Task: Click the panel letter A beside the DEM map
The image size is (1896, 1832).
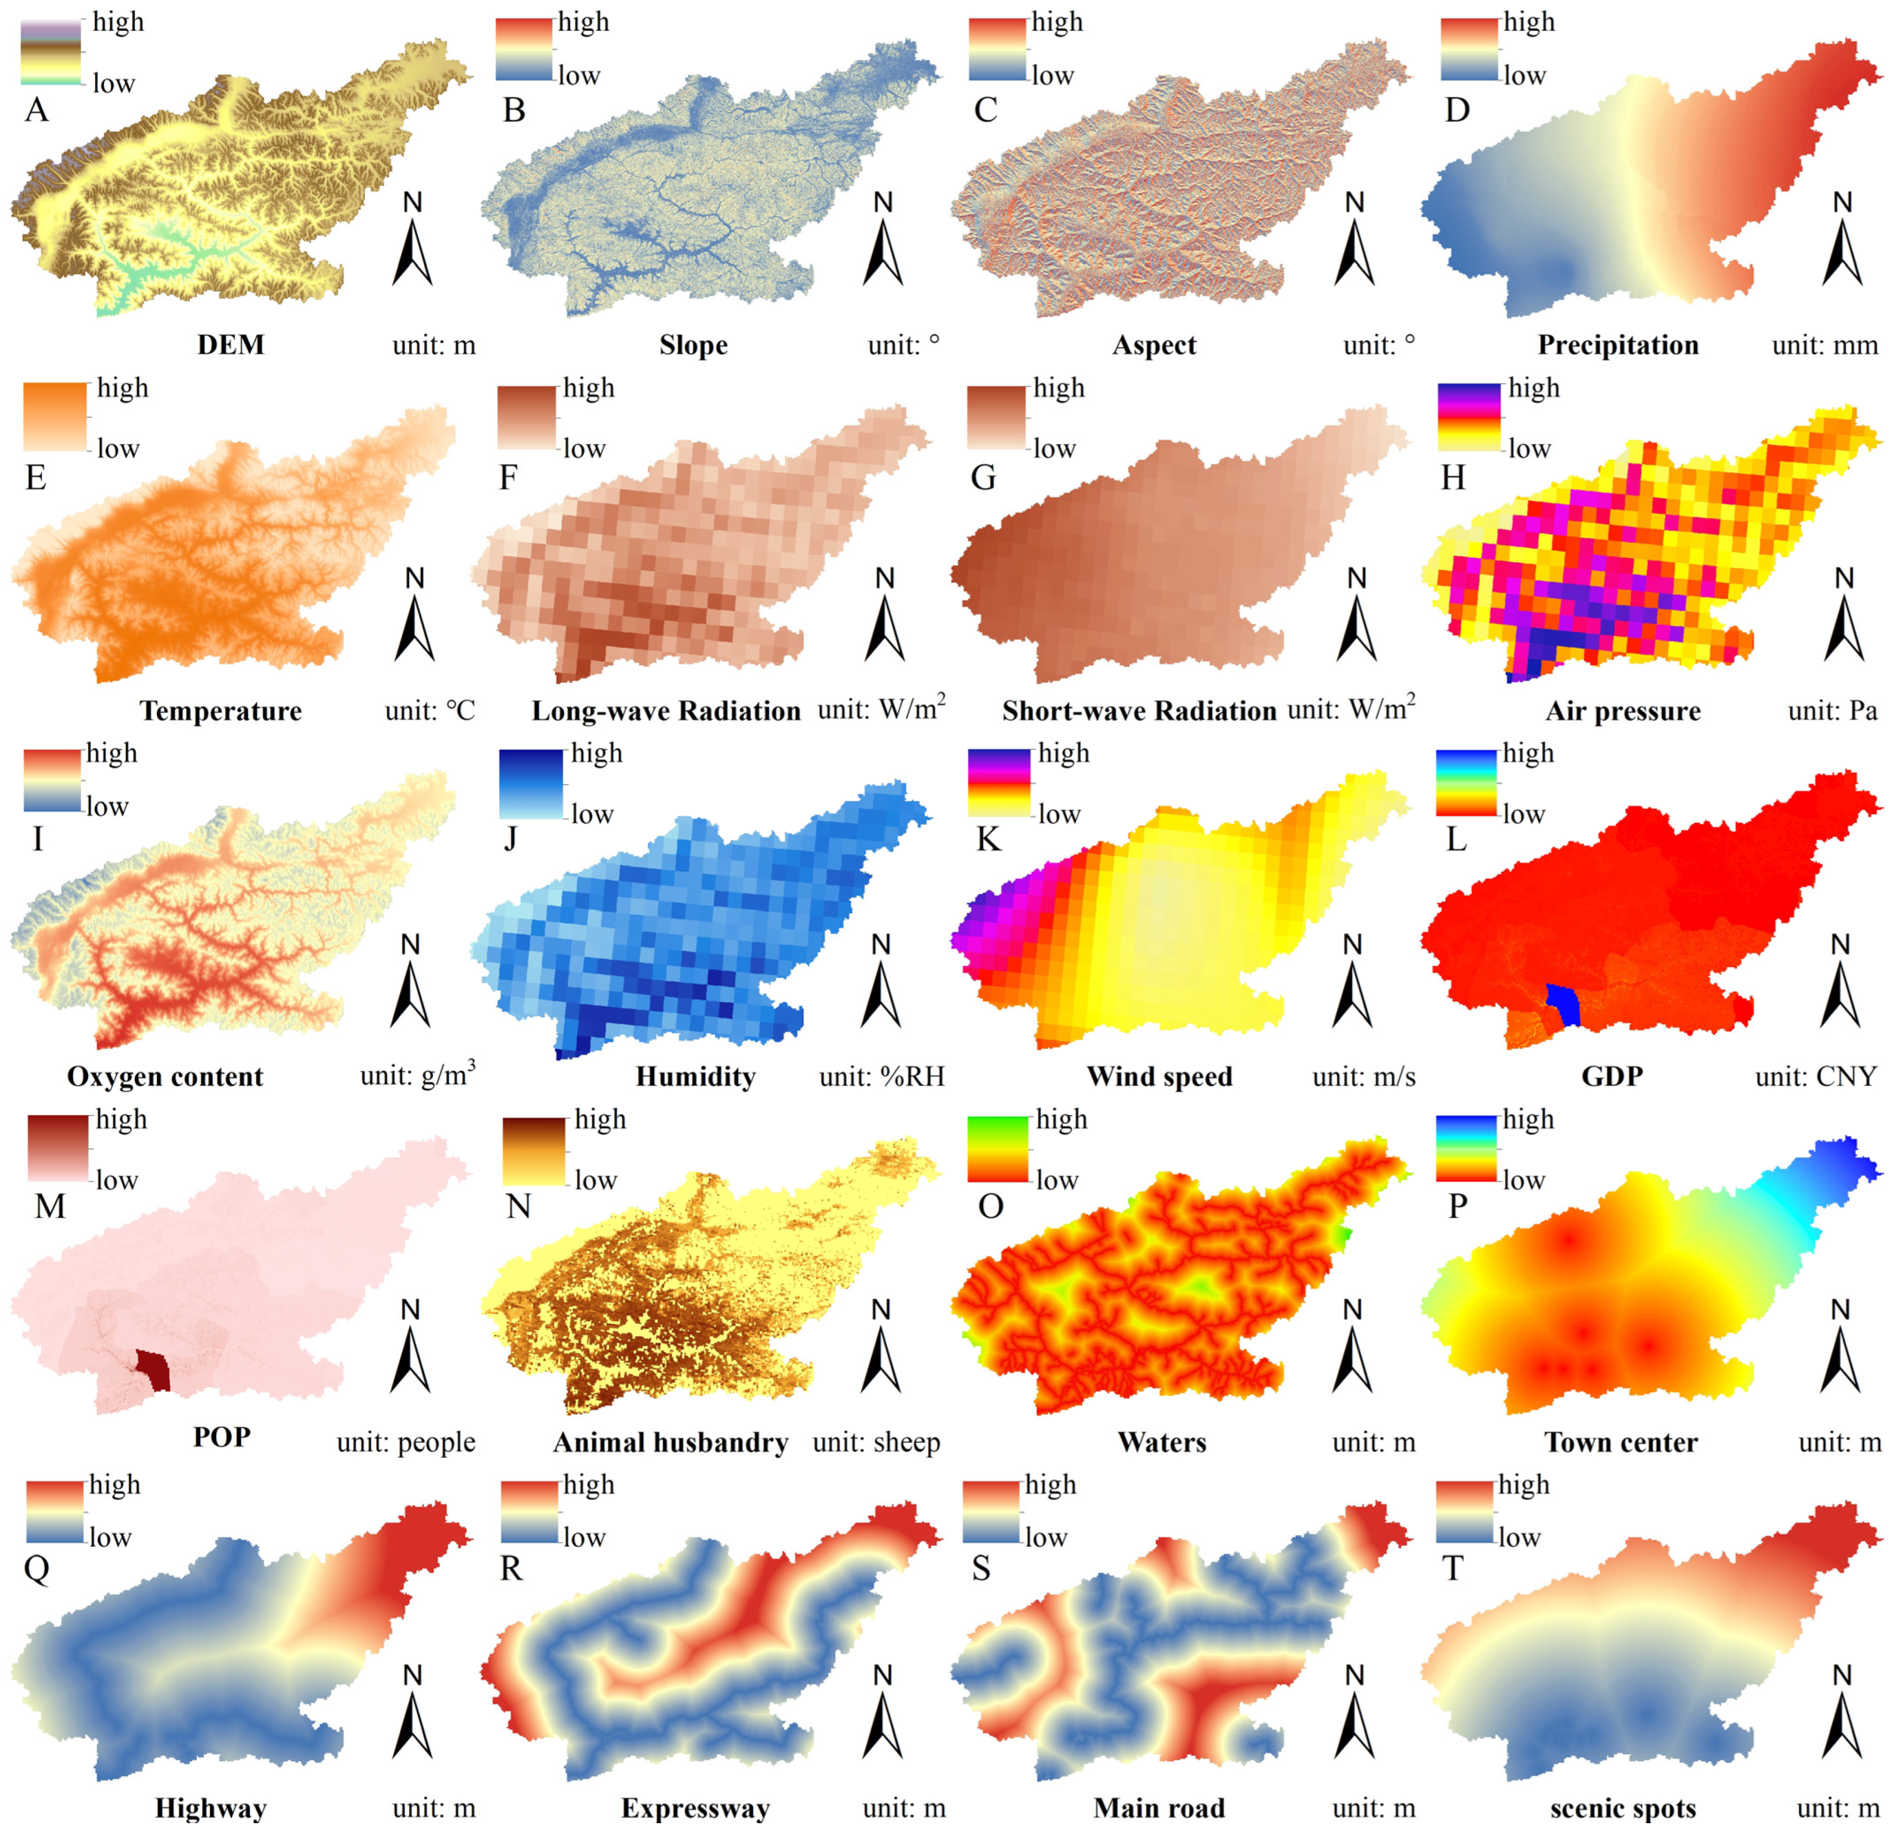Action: click(36, 109)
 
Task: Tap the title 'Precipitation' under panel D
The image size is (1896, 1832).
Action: click(1617, 346)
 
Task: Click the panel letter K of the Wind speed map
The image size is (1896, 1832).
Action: click(988, 839)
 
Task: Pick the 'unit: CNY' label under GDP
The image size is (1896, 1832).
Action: click(1816, 1076)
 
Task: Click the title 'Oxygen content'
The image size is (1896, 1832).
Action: click(165, 1076)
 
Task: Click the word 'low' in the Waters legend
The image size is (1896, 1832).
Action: click(1056, 1180)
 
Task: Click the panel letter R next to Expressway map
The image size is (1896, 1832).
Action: click(511, 1568)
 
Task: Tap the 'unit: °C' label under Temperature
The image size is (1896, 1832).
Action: click(430, 711)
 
